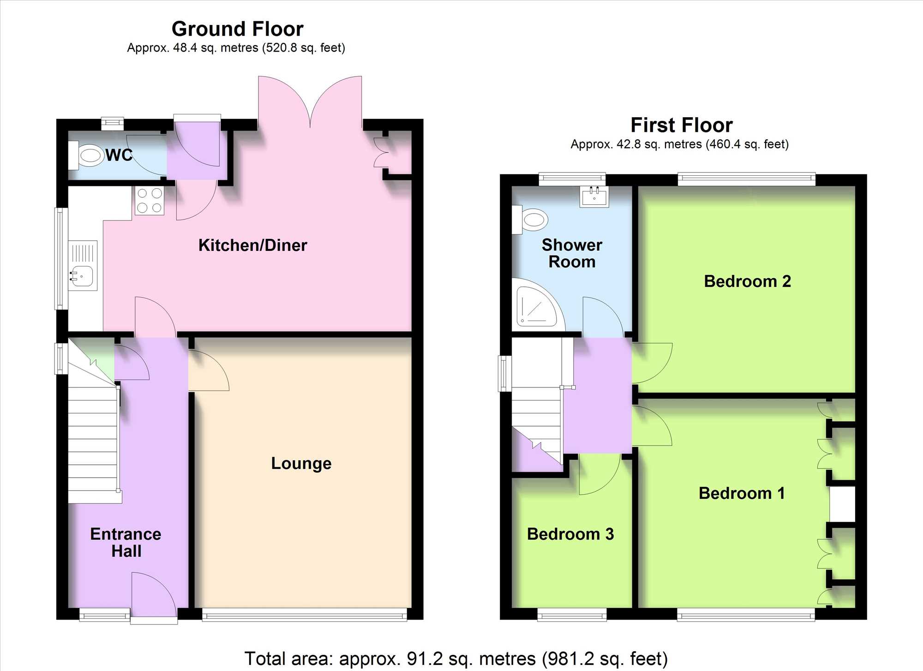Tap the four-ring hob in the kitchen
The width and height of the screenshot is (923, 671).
click(150, 201)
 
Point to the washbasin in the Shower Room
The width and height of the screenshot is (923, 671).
click(594, 196)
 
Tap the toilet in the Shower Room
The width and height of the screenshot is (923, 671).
click(530, 220)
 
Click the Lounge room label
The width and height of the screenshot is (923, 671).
click(301, 463)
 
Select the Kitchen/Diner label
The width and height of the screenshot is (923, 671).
click(253, 245)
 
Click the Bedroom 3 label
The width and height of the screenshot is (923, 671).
click(570, 534)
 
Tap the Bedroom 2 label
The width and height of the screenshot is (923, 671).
click(748, 281)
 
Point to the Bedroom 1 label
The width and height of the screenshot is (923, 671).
click(742, 493)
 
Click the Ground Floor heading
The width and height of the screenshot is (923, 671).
click(238, 29)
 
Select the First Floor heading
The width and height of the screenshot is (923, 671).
click(682, 125)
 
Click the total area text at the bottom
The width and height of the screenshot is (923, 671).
click(456, 659)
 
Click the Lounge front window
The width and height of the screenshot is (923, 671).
click(305, 614)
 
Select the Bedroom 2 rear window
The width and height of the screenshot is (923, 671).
click(746, 179)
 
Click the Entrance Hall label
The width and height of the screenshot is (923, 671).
click(126, 542)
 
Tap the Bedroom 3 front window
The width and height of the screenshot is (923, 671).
click(572, 614)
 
